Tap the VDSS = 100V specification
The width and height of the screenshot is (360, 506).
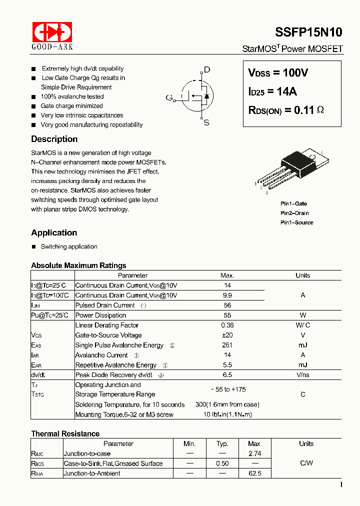278,73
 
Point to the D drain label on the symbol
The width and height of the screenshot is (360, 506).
207,70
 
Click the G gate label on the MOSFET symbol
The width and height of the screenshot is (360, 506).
169,97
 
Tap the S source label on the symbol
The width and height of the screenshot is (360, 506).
206,122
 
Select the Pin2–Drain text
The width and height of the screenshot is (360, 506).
294,213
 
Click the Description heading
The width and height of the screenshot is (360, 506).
54,139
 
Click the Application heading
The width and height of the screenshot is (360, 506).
54,232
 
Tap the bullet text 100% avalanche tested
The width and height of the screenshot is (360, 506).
72,96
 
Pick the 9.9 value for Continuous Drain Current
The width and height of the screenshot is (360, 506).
227,295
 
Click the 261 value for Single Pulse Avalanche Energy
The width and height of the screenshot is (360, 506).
227,345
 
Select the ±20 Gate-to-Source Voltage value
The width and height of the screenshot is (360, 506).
227,335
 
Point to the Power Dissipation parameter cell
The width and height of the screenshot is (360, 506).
100,315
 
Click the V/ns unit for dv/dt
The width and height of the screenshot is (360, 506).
302,375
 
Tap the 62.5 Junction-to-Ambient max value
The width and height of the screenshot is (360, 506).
254,473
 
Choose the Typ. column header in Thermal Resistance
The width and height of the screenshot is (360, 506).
222,443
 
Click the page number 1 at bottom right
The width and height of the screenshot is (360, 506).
341,484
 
